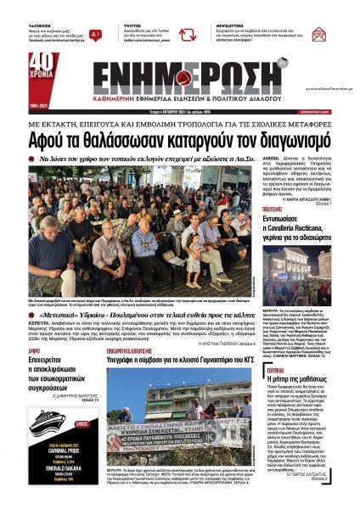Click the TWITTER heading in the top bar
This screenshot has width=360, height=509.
(133, 26)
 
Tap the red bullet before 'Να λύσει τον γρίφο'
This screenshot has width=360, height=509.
(42, 158)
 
